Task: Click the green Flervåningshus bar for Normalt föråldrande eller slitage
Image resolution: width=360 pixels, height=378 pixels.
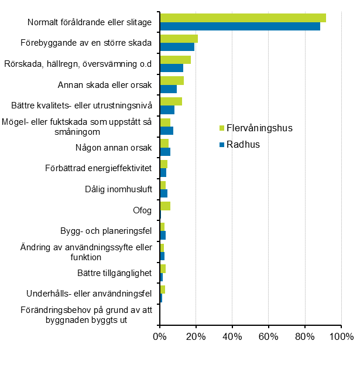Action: click(243, 18)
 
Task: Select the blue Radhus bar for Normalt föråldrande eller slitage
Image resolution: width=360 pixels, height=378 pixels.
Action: click(240, 26)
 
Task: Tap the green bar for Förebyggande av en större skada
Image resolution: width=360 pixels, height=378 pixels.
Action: click(179, 39)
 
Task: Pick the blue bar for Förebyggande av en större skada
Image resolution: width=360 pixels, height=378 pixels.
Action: click(177, 47)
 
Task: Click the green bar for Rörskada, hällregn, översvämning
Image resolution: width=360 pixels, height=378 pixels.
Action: click(175, 60)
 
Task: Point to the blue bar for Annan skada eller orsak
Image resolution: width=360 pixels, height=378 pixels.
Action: click(168, 89)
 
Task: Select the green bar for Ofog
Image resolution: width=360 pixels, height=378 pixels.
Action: click(165, 206)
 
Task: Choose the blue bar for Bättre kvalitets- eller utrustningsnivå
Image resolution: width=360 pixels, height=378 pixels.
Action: click(167, 110)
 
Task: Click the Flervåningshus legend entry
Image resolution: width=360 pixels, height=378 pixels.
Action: click(255, 128)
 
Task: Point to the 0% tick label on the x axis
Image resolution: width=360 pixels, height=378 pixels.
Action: click(159, 337)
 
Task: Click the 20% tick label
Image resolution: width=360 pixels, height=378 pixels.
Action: click(196, 337)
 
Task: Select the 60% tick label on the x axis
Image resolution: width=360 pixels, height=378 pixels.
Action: click(269, 337)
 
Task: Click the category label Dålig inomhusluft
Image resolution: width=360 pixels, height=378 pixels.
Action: click(118, 189)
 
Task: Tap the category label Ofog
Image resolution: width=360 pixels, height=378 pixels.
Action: click(142, 210)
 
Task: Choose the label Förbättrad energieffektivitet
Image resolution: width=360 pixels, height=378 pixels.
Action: click(98, 168)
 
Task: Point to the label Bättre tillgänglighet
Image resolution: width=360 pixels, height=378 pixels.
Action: click(114, 273)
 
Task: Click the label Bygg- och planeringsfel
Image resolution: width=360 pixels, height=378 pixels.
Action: click(106, 231)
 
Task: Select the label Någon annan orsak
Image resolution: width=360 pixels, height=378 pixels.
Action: click(114, 147)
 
